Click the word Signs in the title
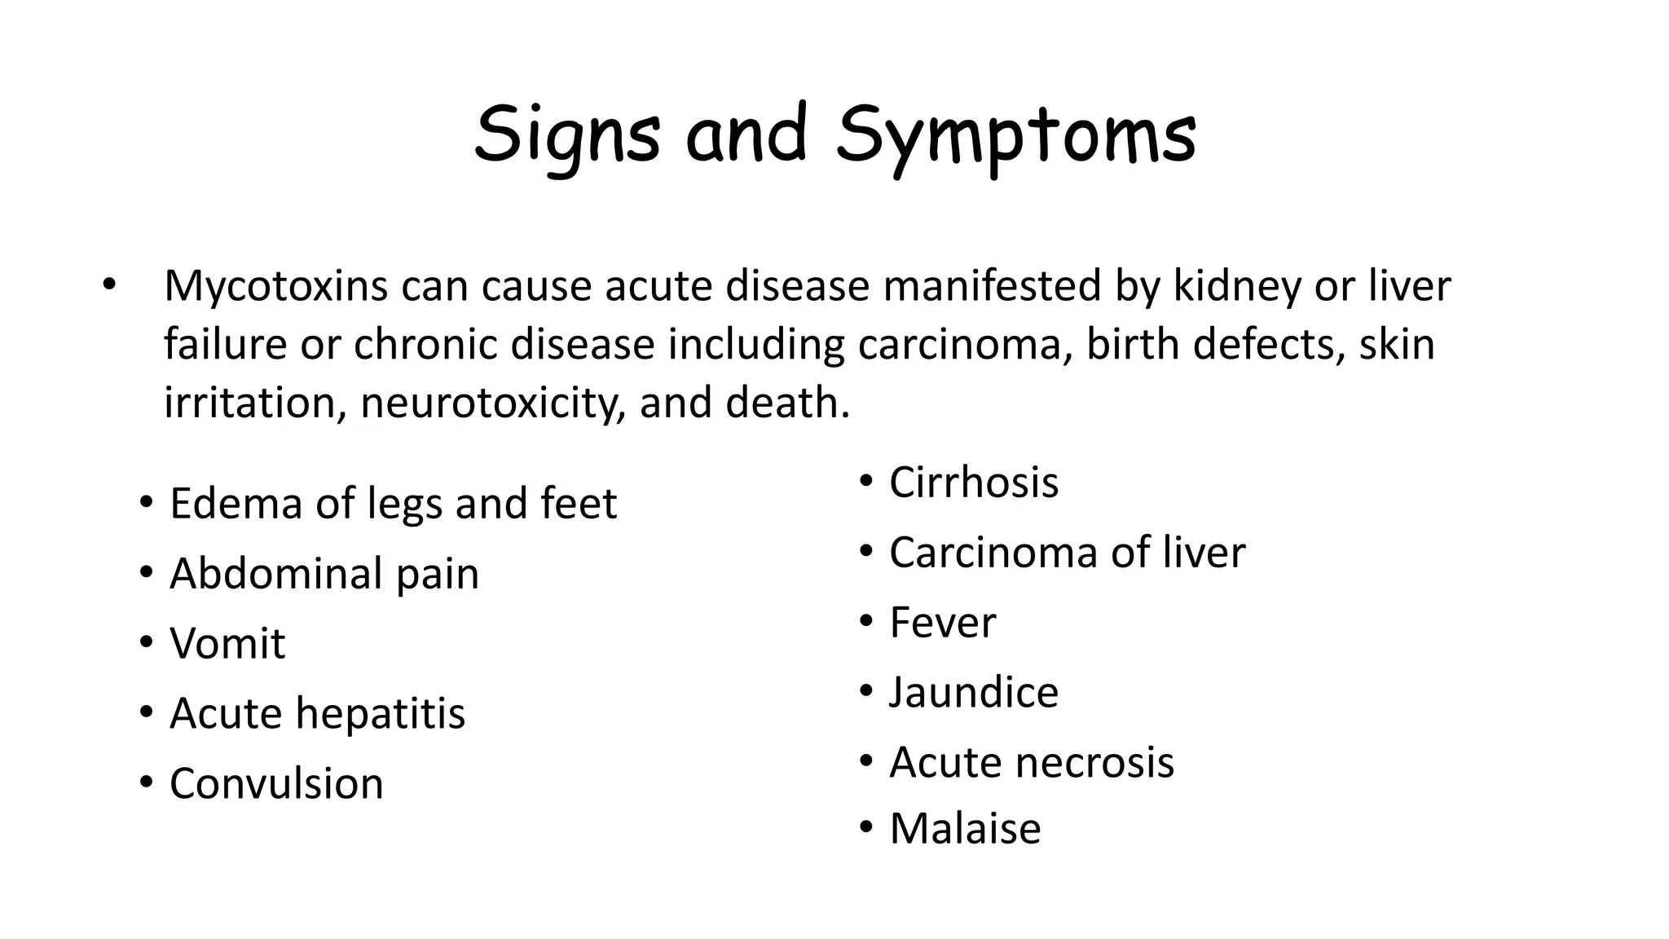tap(567, 134)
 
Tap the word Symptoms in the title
tap(1015, 134)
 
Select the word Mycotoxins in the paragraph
tap(275, 286)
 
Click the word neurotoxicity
tap(492, 403)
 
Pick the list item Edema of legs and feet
tap(393, 503)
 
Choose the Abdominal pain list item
tap(324, 573)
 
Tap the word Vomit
tap(227, 643)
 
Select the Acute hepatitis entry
tap(317, 713)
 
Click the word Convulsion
tap(276, 783)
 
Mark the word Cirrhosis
tap(974, 482)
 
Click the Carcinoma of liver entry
tap(1067, 552)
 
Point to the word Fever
tap(942, 623)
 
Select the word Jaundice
tap(974, 693)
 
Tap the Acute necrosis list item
tap(1032, 763)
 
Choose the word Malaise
tap(965, 829)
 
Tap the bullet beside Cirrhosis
tap(866, 481)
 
